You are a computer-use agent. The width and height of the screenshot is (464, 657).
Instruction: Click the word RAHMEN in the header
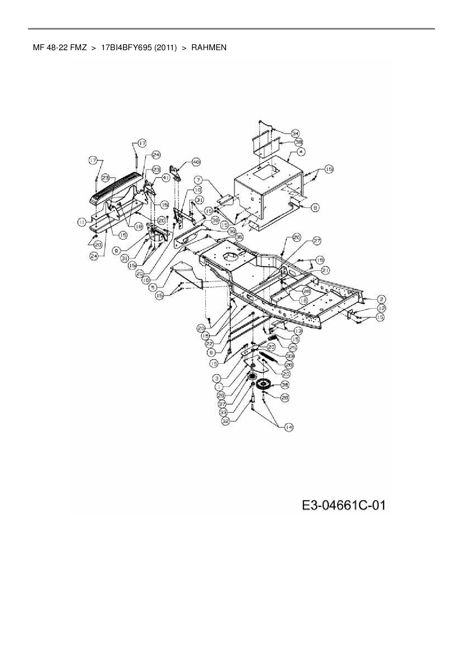[x=209, y=48]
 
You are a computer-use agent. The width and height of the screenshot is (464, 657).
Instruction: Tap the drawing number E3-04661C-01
[x=344, y=506]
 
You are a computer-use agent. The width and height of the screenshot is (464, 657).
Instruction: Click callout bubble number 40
[x=196, y=162]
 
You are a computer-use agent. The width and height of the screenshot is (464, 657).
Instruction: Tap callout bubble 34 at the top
[x=296, y=133]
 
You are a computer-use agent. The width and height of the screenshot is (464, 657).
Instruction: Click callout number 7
[x=198, y=180]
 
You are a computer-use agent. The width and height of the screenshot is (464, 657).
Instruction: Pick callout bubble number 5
[x=152, y=287]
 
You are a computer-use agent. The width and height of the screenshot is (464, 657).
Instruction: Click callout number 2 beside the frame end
[x=381, y=299]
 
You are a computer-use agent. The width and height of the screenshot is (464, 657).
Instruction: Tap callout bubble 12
[x=381, y=308]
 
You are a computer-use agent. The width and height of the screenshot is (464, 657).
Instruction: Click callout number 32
[x=226, y=421]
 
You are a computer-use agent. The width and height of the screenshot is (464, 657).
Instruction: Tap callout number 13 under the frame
[x=298, y=331]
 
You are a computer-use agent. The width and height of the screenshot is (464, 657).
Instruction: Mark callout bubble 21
[x=325, y=270]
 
